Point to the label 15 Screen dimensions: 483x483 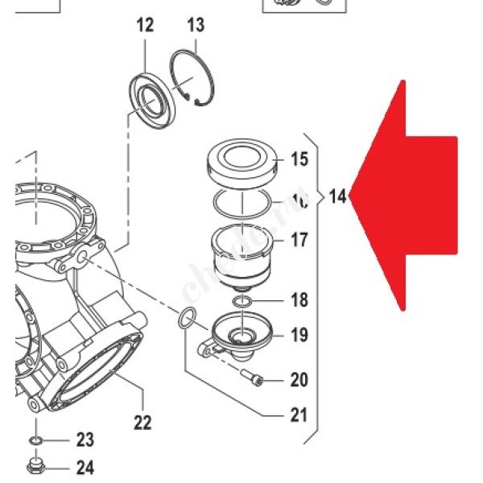pos(299,159)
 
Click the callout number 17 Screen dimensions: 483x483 pos(299,239)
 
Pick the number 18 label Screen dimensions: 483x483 pos(299,301)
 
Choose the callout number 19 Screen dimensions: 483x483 pos(299,334)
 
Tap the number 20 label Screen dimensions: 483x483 pos(299,379)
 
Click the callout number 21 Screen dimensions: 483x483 pos(299,415)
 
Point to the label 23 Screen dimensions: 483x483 pos(85,440)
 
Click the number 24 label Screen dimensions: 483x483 pos(85,467)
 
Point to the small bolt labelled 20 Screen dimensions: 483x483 pos(250,376)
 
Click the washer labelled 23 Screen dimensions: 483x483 pos(36,441)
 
